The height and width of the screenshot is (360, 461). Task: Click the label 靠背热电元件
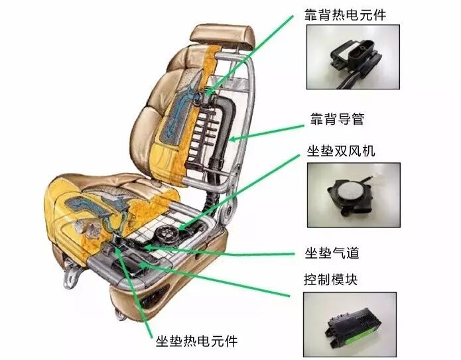tap(345, 15)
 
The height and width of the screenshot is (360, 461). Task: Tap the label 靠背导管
tap(337, 119)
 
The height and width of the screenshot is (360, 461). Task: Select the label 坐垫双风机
tap(341, 150)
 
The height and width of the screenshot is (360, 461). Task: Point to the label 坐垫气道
tap(332, 253)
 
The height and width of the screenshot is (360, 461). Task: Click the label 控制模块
tap(330, 280)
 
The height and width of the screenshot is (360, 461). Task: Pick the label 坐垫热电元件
tap(196, 341)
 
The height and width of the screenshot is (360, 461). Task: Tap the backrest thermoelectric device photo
tap(353, 57)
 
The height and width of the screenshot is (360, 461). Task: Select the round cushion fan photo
tap(354, 195)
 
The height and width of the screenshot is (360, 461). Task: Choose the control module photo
tap(350, 324)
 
